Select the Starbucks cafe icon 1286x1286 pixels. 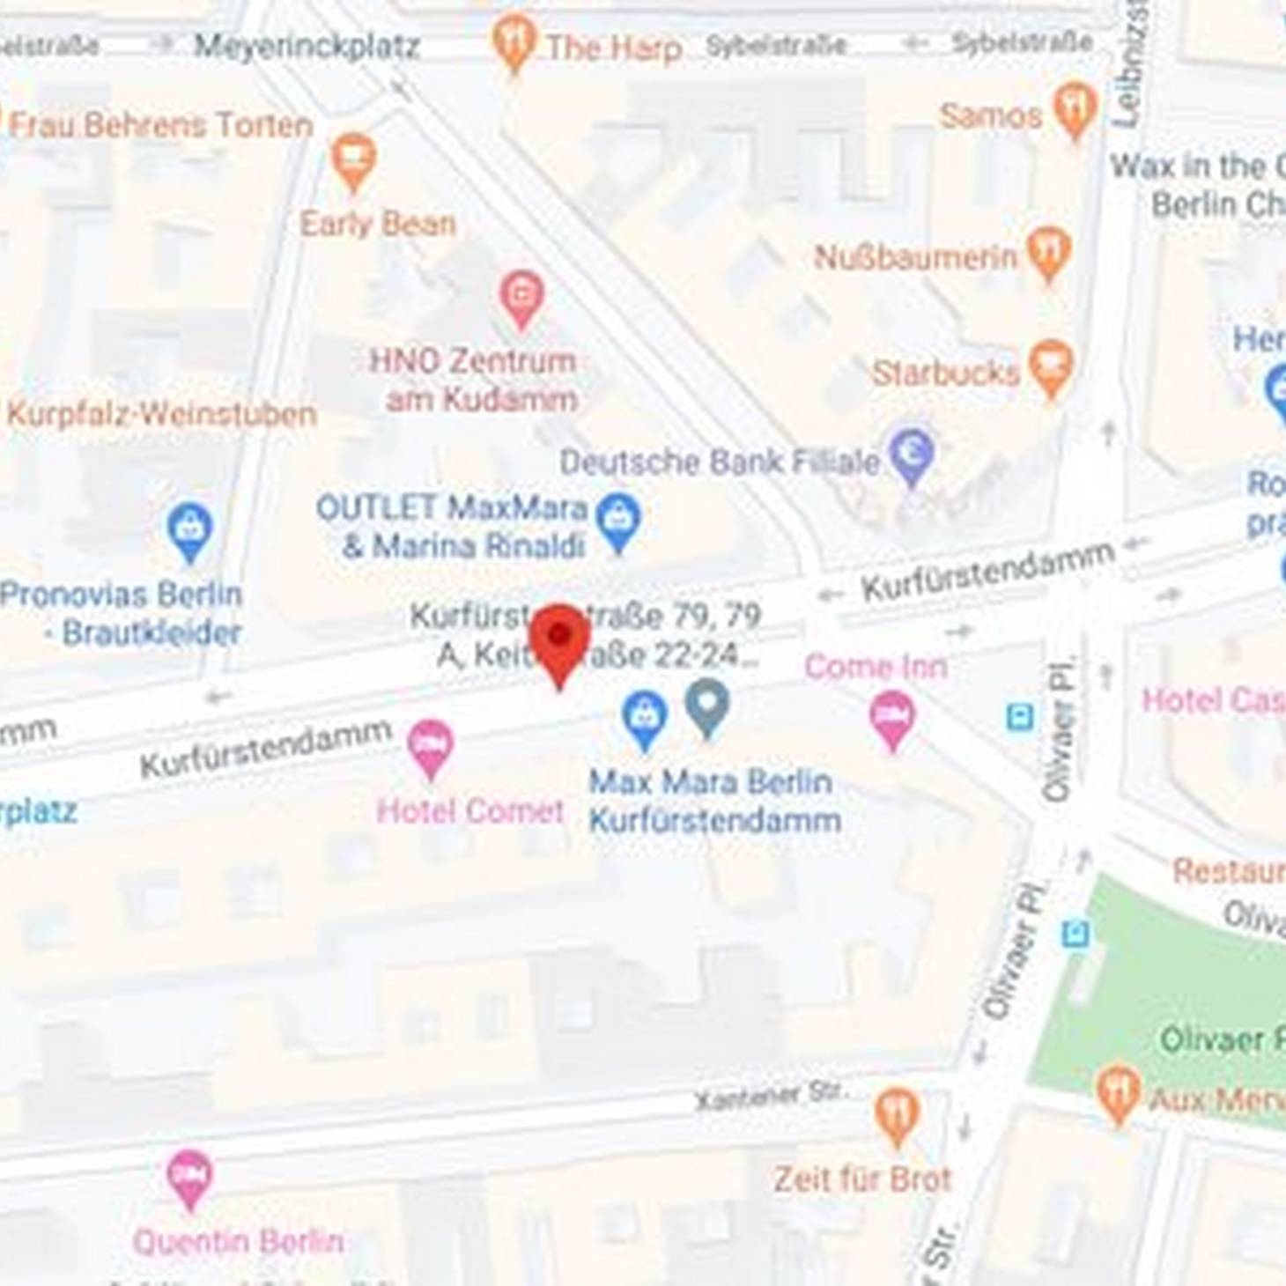coord(1052,366)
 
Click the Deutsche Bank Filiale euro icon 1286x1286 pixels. coord(912,454)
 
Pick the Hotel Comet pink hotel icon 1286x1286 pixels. coord(430,745)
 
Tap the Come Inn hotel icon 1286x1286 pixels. coord(892,717)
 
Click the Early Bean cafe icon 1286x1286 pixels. coord(353,159)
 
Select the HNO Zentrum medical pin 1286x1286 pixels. coord(521,295)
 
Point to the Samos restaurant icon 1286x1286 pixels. coord(1075,107)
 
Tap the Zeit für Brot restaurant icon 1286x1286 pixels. coord(897,1115)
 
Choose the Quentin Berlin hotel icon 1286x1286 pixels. coord(189,1177)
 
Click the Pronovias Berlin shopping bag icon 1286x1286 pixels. coord(189,528)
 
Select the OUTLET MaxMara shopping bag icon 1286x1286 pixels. coord(618,520)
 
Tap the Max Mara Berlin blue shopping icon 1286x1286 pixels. coord(645,717)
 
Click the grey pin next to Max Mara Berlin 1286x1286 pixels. coord(708,705)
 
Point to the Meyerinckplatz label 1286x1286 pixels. coord(307,46)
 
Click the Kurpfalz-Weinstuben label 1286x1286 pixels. coord(162,414)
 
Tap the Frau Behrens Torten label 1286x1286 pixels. coord(160,125)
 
